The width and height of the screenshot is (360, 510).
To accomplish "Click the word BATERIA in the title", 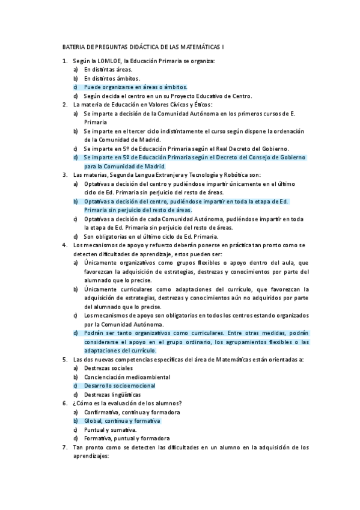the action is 75,47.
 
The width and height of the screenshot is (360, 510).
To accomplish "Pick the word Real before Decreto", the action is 230,148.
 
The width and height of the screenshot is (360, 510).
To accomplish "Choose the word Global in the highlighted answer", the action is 93,421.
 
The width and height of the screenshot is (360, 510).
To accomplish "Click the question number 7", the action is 64,447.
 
